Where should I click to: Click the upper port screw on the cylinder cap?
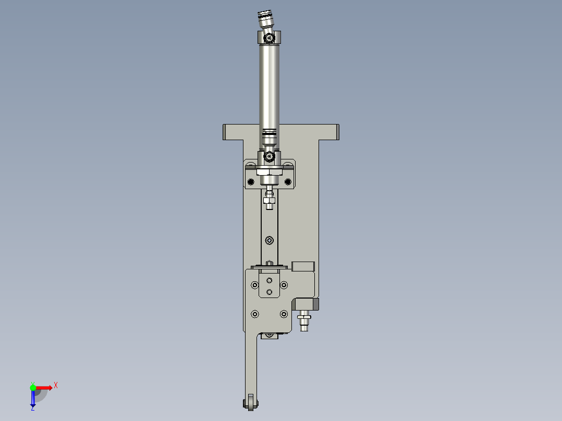(x=269, y=38)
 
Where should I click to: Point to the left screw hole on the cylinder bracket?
(x=251, y=181)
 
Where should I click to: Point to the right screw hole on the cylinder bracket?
(x=287, y=181)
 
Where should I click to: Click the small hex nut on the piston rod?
(x=269, y=200)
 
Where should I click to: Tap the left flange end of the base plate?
(x=225, y=131)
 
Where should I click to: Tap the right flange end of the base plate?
(x=337, y=131)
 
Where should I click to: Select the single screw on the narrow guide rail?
(x=269, y=240)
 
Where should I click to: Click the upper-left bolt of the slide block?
(x=254, y=285)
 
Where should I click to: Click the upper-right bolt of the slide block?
(x=284, y=285)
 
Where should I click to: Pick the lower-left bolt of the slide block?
(x=254, y=314)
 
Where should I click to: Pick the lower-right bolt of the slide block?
(x=284, y=314)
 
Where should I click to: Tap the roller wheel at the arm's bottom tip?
(x=251, y=403)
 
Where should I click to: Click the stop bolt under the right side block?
(x=304, y=320)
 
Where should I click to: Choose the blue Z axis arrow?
(x=33, y=399)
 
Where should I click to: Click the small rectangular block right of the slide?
(x=303, y=266)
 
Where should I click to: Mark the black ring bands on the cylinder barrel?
(x=269, y=134)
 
